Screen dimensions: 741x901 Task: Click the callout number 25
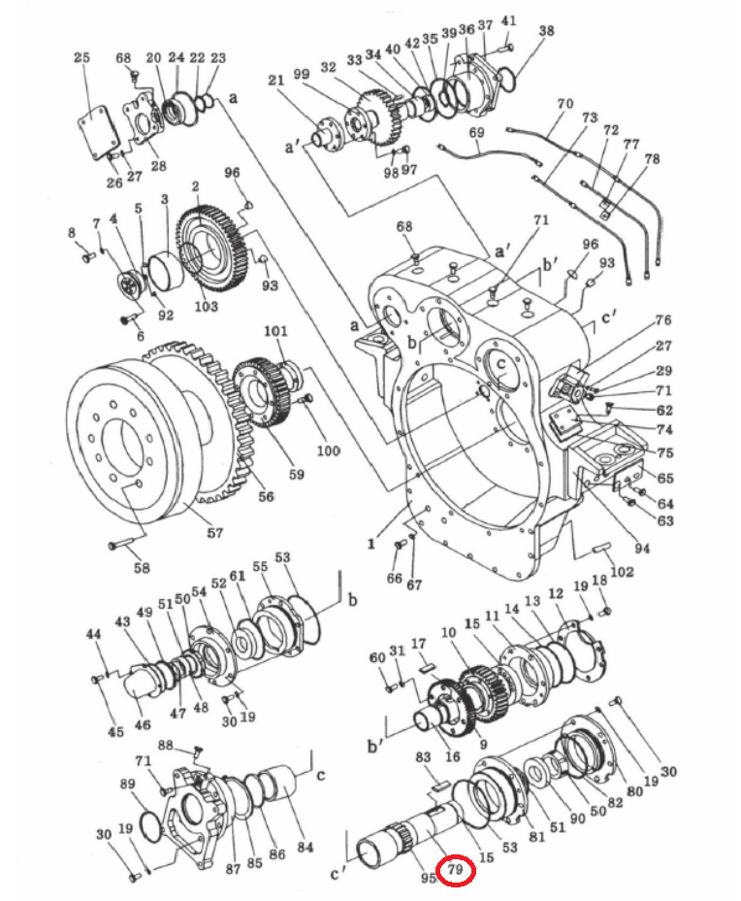[82, 57]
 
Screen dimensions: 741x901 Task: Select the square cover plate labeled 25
[98, 132]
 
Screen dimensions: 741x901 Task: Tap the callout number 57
[214, 533]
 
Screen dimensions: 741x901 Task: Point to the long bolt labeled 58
[125, 542]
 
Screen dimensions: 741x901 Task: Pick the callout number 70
[564, 104]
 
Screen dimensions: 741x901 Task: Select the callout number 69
[476, 132]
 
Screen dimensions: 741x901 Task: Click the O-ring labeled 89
[148, 827]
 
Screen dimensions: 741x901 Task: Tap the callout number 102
[622, 572]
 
